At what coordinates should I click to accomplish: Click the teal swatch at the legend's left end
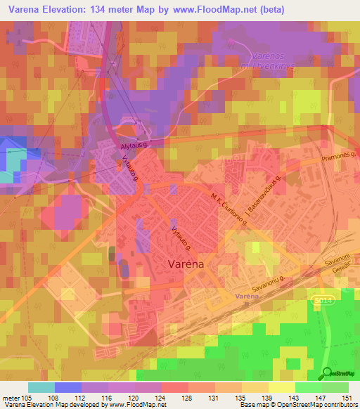[41, 387]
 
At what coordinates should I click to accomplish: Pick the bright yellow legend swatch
[281, 387]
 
